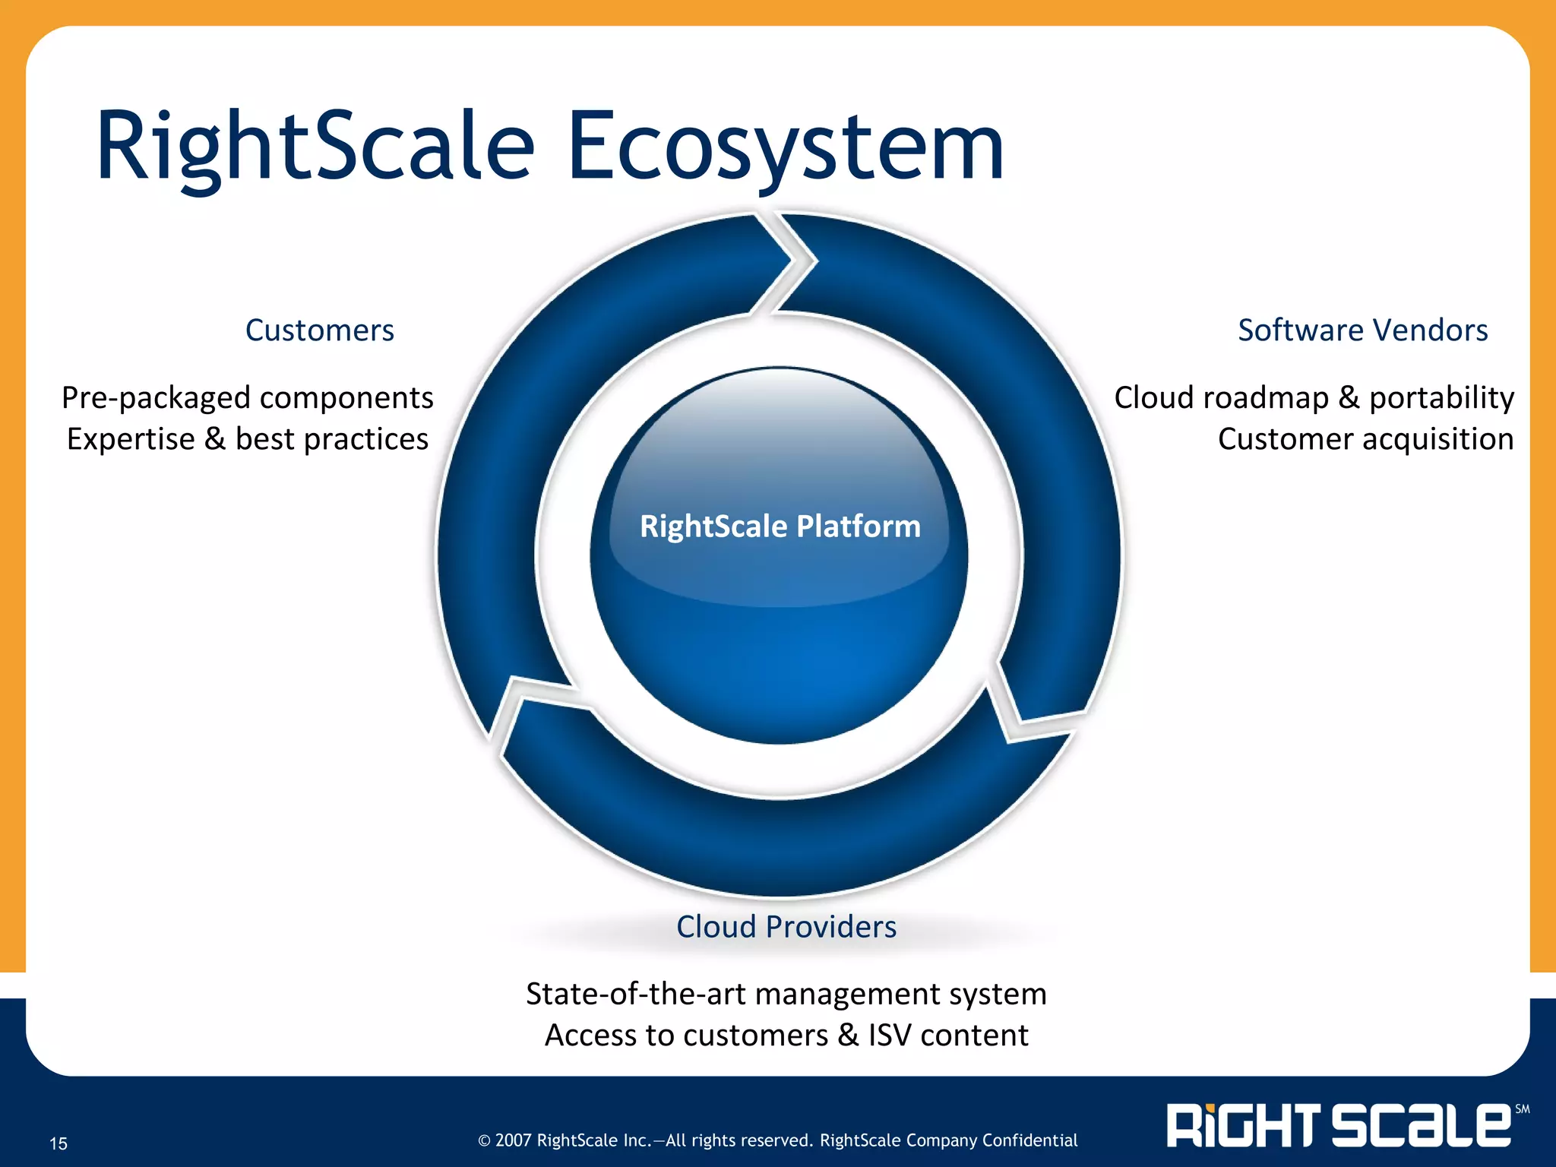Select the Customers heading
pos(319,330)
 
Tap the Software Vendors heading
pos(1362,330)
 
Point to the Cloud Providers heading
pos(786,927)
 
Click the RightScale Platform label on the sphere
pos(780,526)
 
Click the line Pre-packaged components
pos(247,397)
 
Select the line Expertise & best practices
pos(247,439)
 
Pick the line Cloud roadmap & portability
pos(1314,397)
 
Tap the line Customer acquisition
pos(1365,439)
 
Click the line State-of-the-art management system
pos(786,994)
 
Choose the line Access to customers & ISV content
pos(786,1036)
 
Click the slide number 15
pos(59,1143)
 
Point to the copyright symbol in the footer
pos(484,1140)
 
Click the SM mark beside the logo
pos(1522,1109)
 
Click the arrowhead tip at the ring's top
pos(814,261)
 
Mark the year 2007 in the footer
pos(514,1140)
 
